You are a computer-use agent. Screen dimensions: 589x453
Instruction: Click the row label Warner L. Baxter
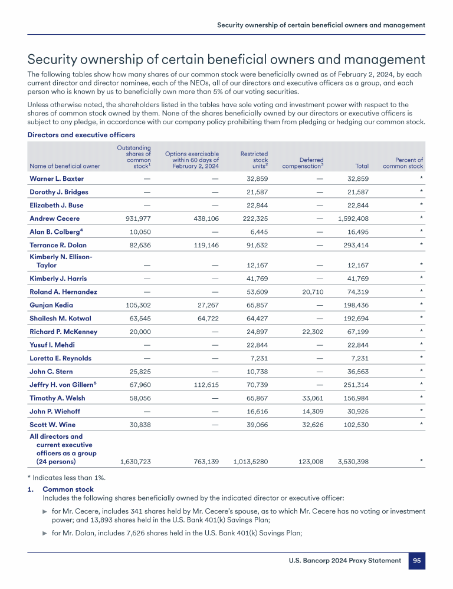coord(57,178)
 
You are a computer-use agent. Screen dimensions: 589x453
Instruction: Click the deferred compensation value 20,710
coord(312,292)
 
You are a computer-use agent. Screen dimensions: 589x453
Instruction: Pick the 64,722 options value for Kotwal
coord(206,318)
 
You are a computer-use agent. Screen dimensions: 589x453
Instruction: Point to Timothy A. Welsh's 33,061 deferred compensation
coord(312,398)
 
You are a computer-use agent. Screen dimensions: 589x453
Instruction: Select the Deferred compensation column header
coord(303,163)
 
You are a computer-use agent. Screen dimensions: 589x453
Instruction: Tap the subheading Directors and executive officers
coord(81,135)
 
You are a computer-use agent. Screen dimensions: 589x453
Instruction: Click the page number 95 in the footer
coord(416,561)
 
